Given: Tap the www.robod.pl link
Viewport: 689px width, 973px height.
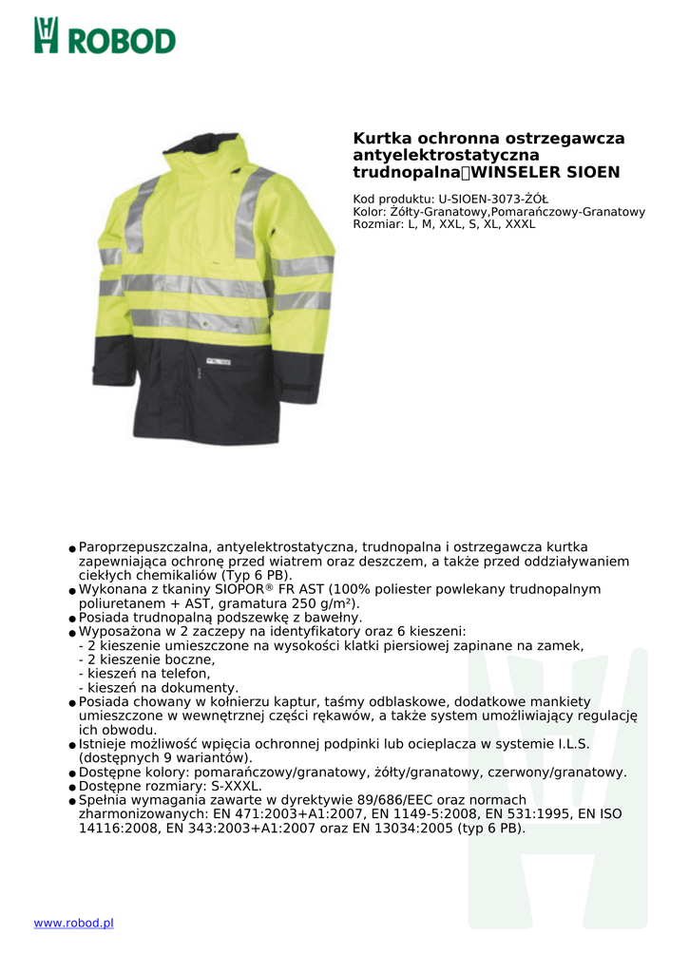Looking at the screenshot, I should pos(73,923).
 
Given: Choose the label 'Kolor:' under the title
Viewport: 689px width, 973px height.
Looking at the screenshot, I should pos(370,212).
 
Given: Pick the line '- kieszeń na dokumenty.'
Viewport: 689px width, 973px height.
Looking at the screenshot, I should pos(159,688).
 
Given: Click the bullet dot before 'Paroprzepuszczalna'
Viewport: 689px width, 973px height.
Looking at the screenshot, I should pos(72,549).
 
